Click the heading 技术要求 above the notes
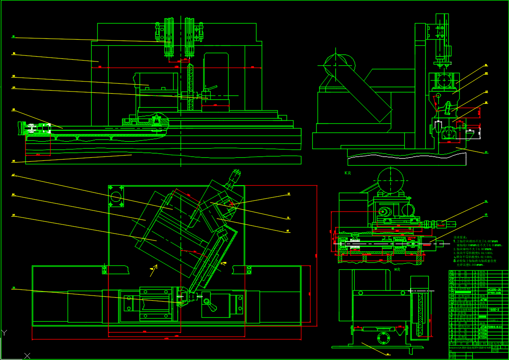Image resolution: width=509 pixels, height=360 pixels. pyautogui.click(x=462, y=238)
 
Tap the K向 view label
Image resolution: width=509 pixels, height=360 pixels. pyautogui.click(x=348, y=173)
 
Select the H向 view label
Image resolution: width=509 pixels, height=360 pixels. pyautogui.click(x=397, y=270)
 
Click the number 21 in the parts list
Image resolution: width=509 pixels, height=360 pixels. pyautogui.click(x=451, y=272)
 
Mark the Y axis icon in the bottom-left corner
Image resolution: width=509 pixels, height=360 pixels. pyautogui.click(x=5, y=333)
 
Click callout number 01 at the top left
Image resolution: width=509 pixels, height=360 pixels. pyautogui.click(x=14, y=37)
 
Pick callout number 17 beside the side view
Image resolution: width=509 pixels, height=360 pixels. pyautogui.click(x=486, y=152)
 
